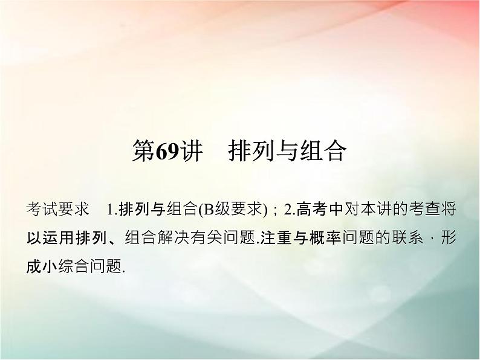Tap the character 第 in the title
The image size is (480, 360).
[x=143, y=152]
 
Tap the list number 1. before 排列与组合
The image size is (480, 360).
[x=111, y=210]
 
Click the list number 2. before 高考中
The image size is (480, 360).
[x=288, y=210]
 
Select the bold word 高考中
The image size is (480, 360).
[x=319, y=210]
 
